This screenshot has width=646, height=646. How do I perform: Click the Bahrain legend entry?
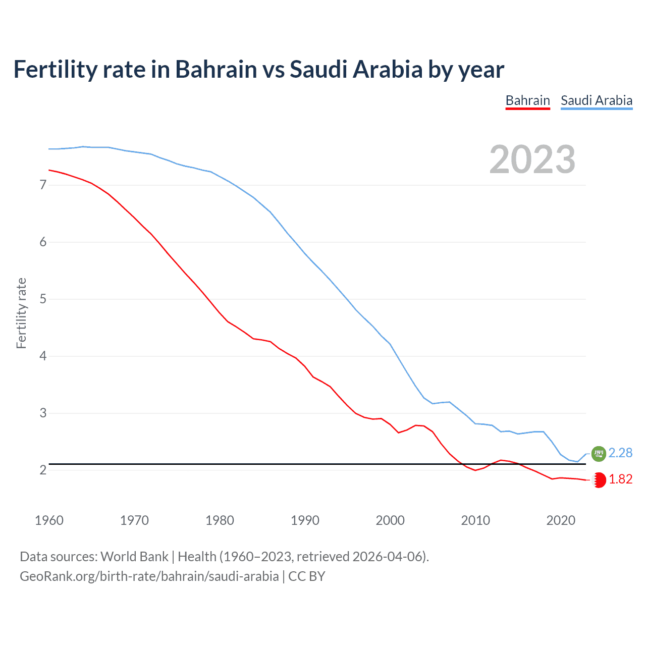[527, 100]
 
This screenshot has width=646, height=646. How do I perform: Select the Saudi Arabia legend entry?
[597, 100]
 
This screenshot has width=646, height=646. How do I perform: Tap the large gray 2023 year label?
[532, 159]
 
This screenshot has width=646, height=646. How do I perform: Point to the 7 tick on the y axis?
[43, 185]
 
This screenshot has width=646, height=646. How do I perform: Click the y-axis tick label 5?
[43, 299]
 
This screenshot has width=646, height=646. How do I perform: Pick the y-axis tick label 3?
[43, 413]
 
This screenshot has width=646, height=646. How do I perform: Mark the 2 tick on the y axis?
[43, 470]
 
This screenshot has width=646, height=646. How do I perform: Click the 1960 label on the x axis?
[49, 520]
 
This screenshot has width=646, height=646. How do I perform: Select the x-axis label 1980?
[220, 520]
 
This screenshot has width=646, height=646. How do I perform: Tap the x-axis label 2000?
[390, 520]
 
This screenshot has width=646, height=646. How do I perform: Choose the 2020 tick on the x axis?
[561, 520]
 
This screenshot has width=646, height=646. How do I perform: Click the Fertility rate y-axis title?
[21, 313]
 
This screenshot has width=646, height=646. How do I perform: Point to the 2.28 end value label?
[620, 453]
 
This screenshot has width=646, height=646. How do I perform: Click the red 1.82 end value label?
[620, 479]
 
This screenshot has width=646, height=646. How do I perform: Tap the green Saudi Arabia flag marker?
[599, 454]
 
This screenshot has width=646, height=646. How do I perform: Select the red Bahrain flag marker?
[599, 480]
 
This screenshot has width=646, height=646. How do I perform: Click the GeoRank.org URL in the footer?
[149, 576]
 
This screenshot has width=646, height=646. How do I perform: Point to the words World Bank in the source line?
[134, 557]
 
